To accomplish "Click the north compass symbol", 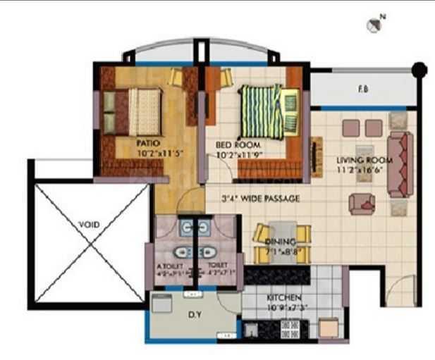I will pos(374,25).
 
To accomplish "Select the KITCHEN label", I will pos(284,298).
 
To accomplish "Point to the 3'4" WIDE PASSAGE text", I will pos(260,199).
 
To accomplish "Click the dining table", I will pos(282,235).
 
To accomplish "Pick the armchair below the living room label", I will pos(362,201).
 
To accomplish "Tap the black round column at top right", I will pos(419,70).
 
